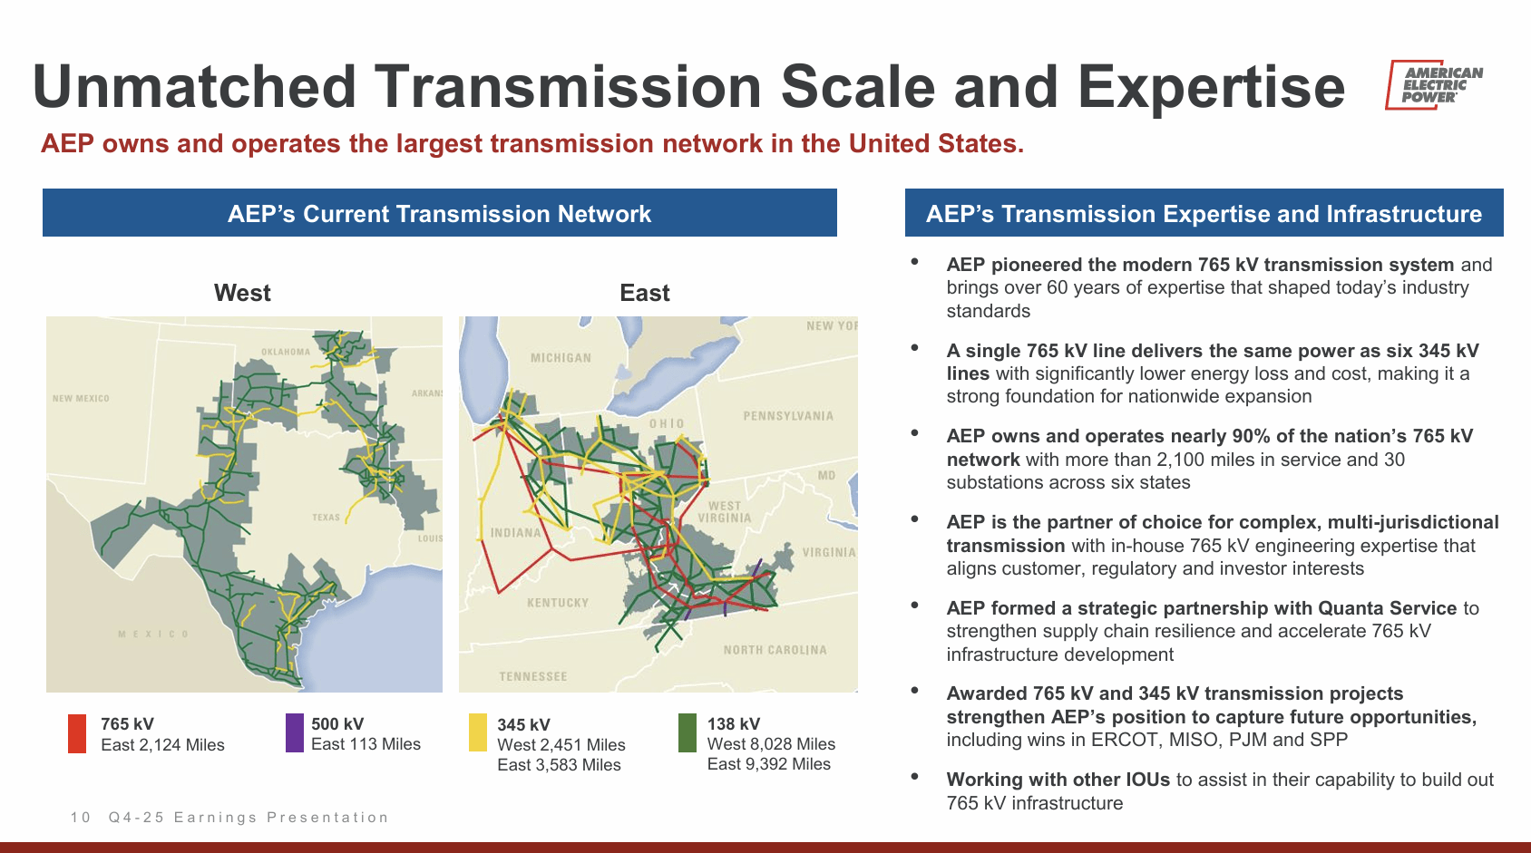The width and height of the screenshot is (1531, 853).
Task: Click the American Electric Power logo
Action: tap(1433, 84)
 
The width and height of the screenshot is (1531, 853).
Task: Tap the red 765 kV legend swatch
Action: tap(77, 733)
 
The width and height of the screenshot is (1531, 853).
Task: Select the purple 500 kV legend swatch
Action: tap(295, 732)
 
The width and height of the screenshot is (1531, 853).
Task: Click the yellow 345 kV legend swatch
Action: tap(478, 732)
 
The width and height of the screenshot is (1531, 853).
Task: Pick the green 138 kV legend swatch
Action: tap(687, 732)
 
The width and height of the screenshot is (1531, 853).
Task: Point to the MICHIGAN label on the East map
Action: tap(561, 358)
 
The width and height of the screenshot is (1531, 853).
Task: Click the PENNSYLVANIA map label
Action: tap(789, 416)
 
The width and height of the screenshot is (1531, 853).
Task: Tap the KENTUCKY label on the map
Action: tap(558, 603)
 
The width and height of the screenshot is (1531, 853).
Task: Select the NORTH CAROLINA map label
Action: tap(775, 649)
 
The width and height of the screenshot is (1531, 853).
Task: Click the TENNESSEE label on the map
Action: tap(533, 677)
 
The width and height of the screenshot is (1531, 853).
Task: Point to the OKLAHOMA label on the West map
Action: tap(286, 352)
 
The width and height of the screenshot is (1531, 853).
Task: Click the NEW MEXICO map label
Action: tap(81, 398)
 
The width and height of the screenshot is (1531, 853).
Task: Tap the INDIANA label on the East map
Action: tap(515, 533)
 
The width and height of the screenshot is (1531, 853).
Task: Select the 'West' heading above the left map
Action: tap(243, 293)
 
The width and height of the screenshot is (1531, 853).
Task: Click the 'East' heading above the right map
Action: tap(645, 293)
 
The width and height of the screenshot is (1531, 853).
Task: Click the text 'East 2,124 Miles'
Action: tap(162, 745)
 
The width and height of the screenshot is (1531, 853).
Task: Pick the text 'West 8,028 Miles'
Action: tap(771, 744)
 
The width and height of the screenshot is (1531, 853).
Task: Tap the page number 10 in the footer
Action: tap(80, 818)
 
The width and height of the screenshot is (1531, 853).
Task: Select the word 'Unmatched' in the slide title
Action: tap(194, 87)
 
